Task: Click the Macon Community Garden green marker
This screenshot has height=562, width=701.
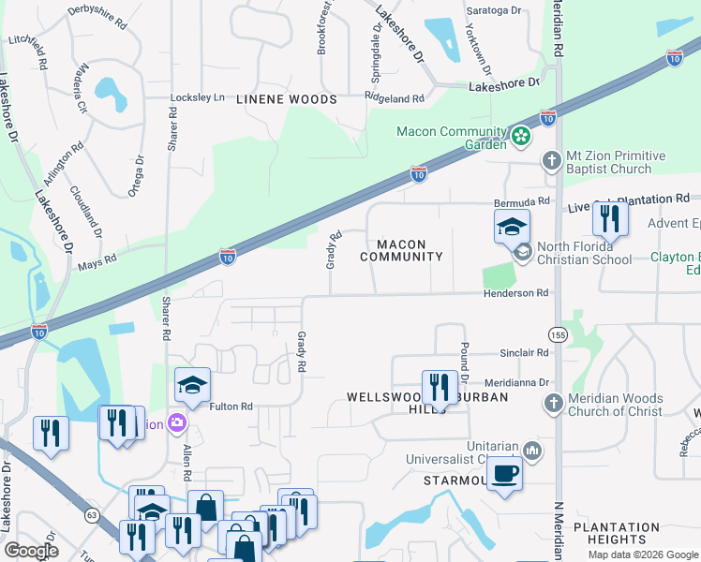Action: [x=522, y=138]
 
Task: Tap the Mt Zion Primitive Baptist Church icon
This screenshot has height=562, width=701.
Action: [x=552, y=161]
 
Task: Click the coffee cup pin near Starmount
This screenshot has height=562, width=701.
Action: [x=504, y=475]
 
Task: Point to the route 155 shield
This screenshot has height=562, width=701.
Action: [x=557, y=334]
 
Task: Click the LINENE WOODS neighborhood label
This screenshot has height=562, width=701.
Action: [x=286, y=98]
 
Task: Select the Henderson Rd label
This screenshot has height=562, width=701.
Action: [x=515, y=293]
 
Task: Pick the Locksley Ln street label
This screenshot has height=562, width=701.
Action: [x=198, y=97]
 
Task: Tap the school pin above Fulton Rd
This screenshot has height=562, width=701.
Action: [x=192, y=387]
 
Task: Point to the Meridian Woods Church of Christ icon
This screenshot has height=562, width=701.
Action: [x=552, y=403]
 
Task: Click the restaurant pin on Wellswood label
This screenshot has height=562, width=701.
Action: [x=439, y=387]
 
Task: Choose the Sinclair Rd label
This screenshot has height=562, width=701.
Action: [x=523, y=353]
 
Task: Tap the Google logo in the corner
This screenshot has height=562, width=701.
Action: [x=32, y=551]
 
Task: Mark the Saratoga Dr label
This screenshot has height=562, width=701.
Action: [x=494, y=10]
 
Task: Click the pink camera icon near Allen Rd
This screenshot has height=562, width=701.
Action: [x=174, y=424]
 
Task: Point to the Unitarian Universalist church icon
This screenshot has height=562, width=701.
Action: [x=531, y=451]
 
